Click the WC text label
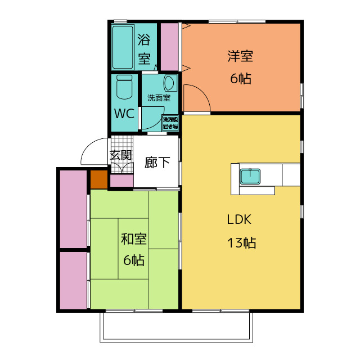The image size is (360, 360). (124, 113)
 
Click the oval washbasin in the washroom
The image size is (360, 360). (170, 84)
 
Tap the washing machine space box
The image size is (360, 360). (169, 123)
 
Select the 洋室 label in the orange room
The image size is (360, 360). (240, 56)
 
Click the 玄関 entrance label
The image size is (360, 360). (121, 156)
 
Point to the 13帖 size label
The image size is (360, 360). (242, 243)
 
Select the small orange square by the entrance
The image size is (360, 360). (98, 179)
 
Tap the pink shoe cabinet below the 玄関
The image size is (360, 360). (121, 181)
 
